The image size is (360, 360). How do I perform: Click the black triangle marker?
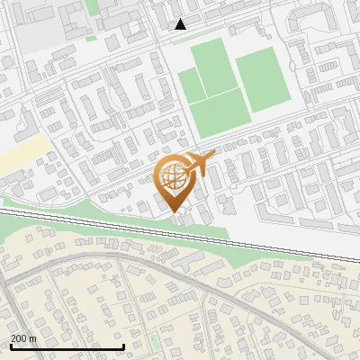coord(180,24)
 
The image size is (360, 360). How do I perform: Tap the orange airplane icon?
coord(199,165)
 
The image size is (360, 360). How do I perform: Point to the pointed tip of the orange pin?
coord(175,212)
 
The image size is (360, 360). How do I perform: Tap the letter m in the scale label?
coord(31,338)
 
